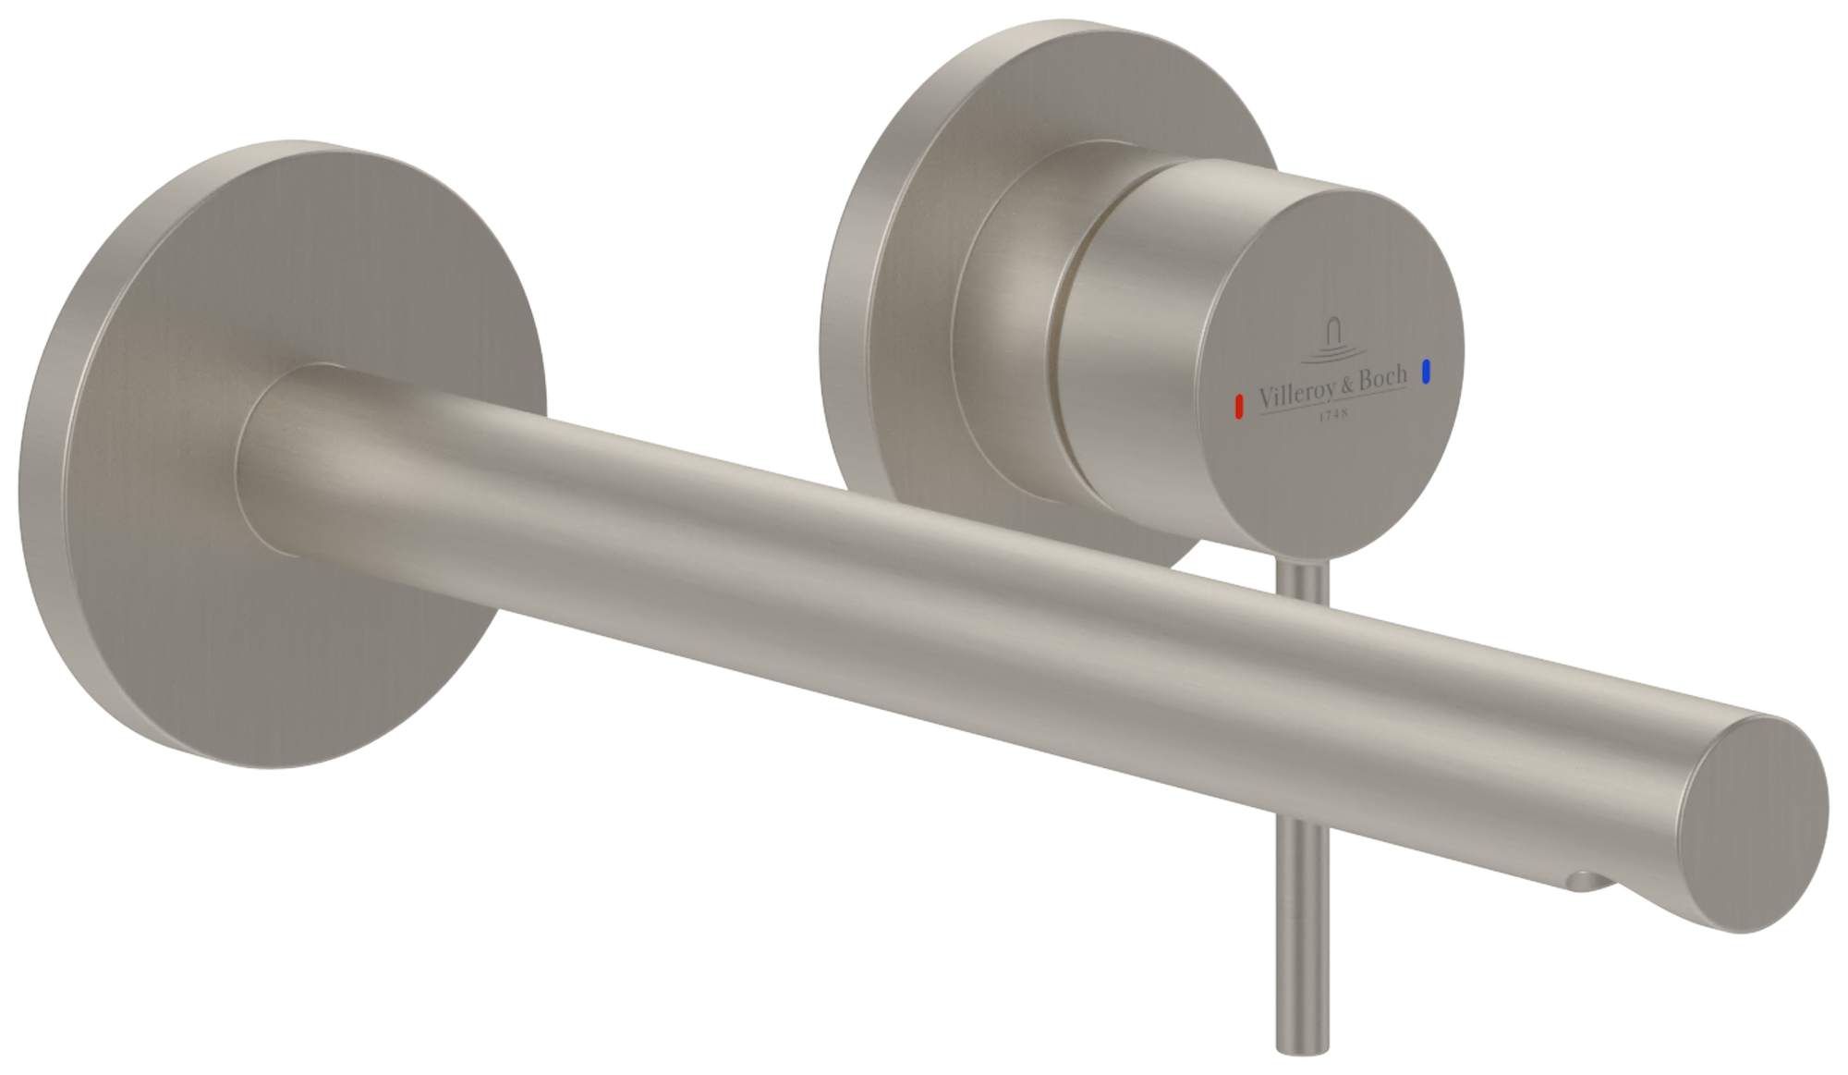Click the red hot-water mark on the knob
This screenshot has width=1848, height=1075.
pyautogui.click(x=1239, y=406)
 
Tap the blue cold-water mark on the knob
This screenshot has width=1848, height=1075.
pyautogui.click(x=1427, y=372)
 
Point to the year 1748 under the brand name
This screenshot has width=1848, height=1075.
pyautogui.click(x=1331, y=415)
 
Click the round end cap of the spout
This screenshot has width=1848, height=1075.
pyautogui.click(x=1757, y=822)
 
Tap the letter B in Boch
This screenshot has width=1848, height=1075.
pyautogui.click(x=1368, y=380)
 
